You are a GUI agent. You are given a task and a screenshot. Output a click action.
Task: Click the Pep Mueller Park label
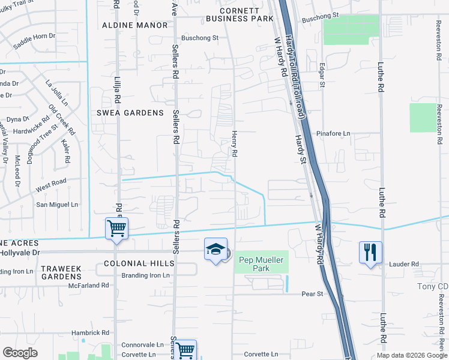[x=261, y=260]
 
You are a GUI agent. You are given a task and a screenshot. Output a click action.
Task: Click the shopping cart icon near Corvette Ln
[x=185, y=349]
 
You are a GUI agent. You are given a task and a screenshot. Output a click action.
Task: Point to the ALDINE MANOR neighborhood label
[x=134, y=25]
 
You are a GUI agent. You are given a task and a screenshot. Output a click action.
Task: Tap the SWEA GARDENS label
[x=129, y=113]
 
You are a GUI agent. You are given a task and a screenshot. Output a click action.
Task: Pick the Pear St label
[x=312, y=294]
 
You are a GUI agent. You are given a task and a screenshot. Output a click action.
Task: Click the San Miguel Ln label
[x=58, y=205]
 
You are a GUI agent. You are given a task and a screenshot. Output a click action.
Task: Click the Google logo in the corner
[x=20, y=353]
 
